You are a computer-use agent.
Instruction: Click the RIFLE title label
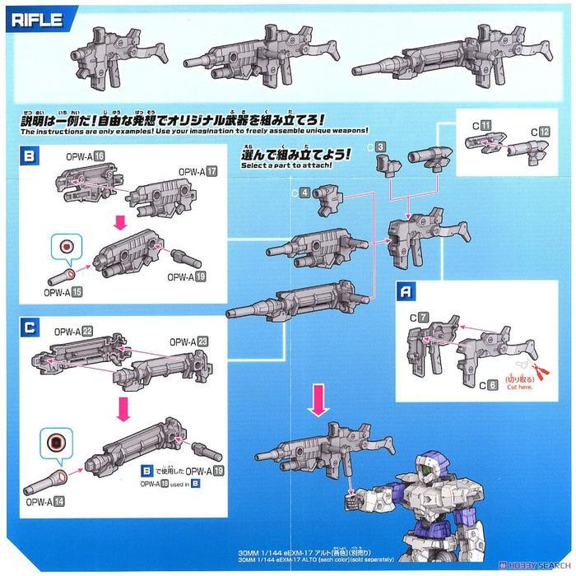point(34,19)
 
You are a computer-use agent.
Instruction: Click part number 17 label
point(212,171)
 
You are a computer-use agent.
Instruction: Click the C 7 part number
point(423,317)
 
